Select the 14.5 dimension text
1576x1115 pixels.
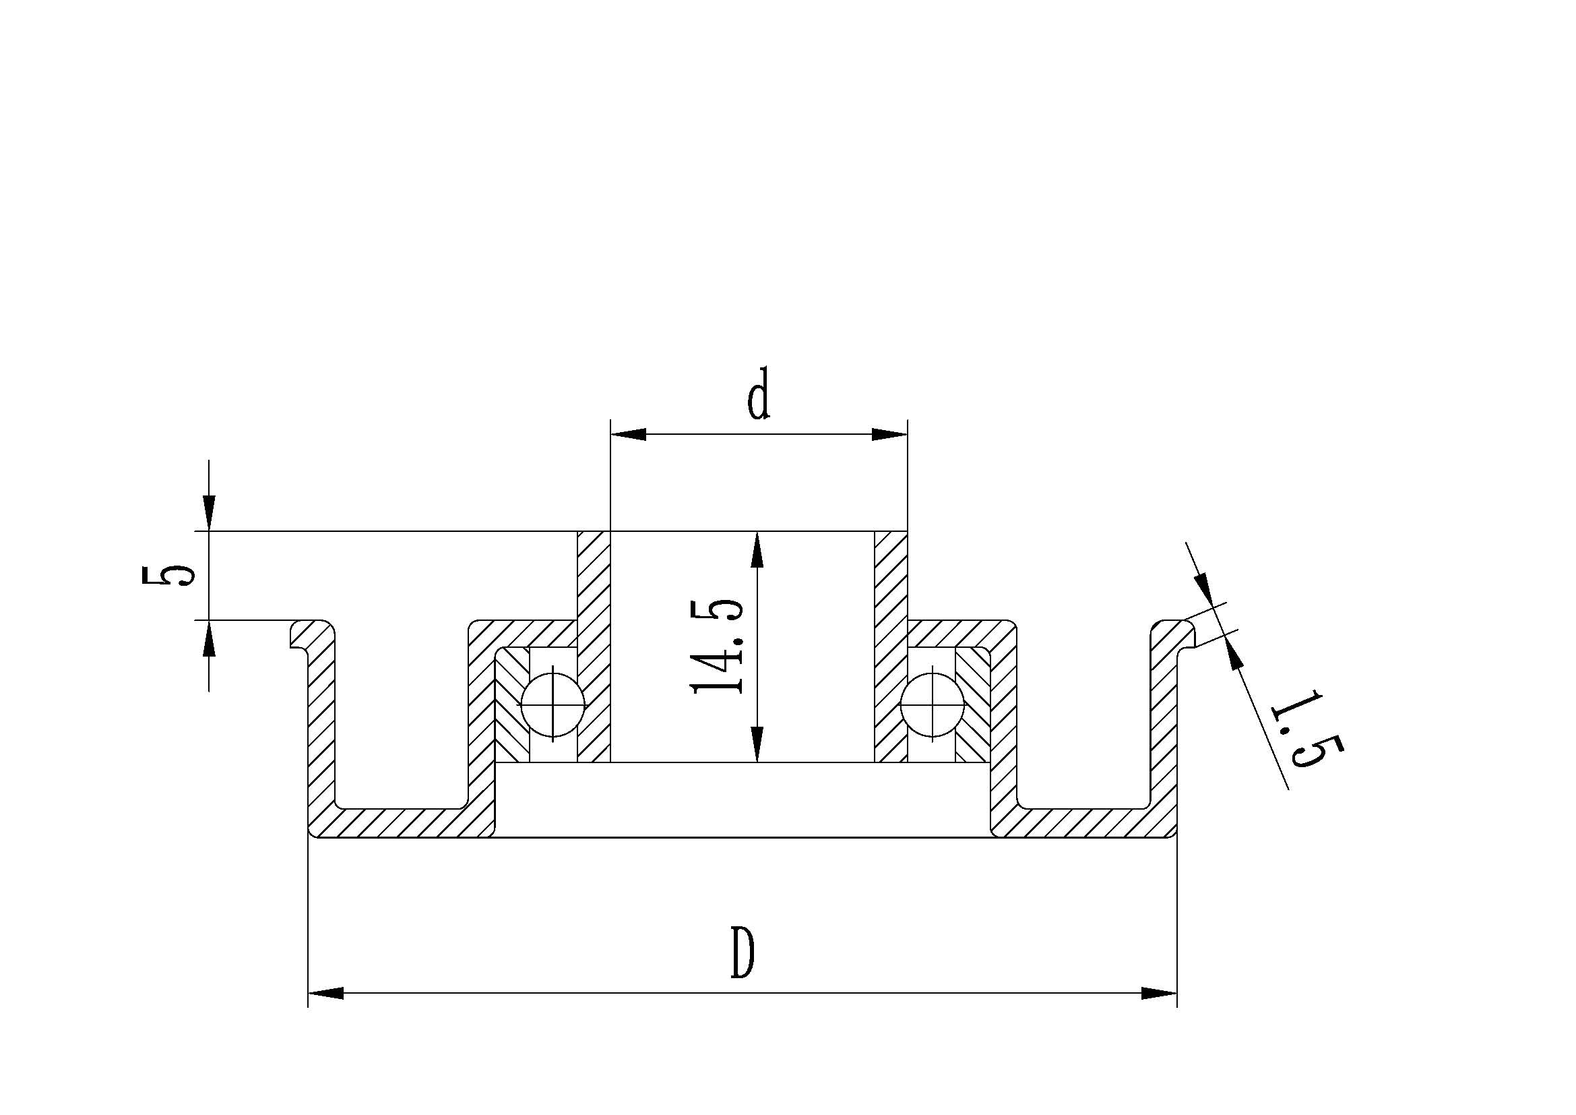[718, 646]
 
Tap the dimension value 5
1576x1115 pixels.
[167, 575]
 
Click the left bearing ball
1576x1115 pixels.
[553, 704]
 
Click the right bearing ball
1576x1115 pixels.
[933, 704]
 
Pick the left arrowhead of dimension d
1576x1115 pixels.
[627, 435]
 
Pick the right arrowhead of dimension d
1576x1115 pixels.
[889, 435]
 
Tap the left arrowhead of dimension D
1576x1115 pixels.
[325, 994]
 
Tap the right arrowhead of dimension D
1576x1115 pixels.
[1160, 994]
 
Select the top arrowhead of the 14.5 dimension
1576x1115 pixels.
[757, 549]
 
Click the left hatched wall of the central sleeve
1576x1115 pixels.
[594, 645]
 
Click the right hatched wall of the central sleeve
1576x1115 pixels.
[891, 645]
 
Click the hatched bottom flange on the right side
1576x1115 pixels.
[1085, 822]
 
